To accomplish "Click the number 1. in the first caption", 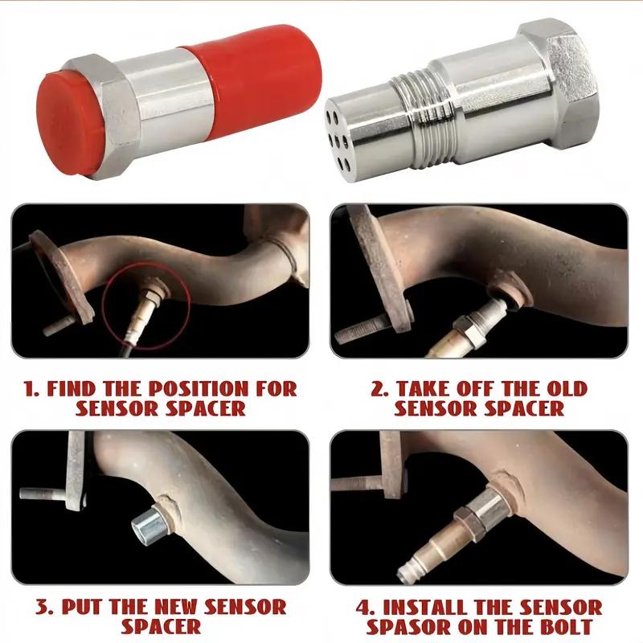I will click(33, 389).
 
